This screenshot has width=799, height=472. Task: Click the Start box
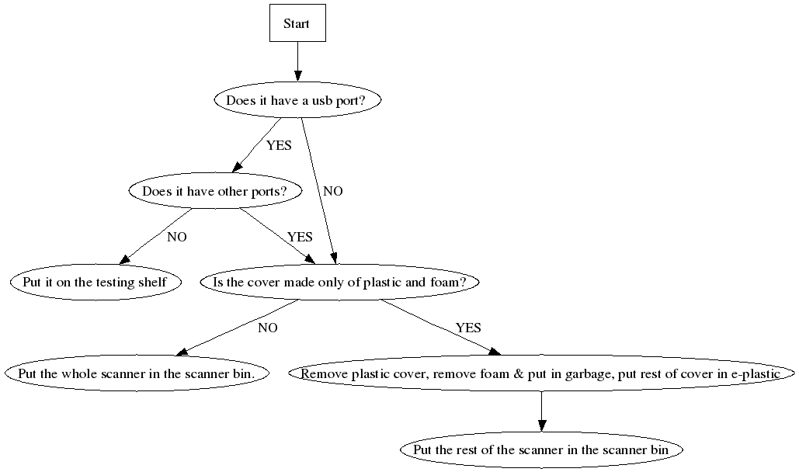coord(297,23)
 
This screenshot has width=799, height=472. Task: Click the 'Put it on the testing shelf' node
coord(96,282)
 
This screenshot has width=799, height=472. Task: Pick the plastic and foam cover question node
coord(339,282)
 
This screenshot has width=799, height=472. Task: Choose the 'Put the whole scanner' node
coord(137,373)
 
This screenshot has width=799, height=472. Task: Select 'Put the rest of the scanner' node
coord(542,449)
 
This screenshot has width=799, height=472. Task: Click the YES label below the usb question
coord(279,145)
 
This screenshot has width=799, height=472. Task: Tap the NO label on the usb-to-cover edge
coord(333,191)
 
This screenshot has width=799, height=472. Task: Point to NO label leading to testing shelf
coord(177,237)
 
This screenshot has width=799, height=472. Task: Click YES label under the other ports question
coord(300,237)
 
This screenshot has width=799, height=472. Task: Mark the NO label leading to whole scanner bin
coord(268,328)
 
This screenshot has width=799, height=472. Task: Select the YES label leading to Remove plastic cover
coord(468,328)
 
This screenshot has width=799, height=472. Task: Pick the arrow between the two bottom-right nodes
coord(541,411)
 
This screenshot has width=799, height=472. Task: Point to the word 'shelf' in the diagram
coord(153,282)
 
